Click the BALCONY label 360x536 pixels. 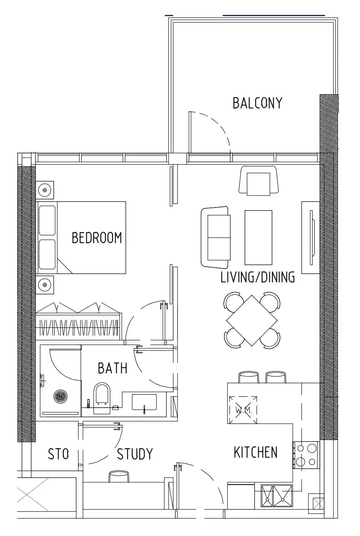(x=258, y=103)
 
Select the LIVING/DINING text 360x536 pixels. (x=258, y=277)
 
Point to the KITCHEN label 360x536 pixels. (x=255, y=452)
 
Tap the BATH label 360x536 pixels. (x=112, y=368)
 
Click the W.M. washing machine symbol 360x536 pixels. (x=243, y=410)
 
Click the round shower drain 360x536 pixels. (x=60, y=396)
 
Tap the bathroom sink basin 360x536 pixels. (x=144, y=402)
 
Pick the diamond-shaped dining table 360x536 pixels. (x=252, y=320)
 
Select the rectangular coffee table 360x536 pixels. (x=258, y=237)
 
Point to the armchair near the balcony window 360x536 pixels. (x=258, y=181)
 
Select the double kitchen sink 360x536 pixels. (x=277, y=496)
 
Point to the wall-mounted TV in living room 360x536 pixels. (x=311, y=237)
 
